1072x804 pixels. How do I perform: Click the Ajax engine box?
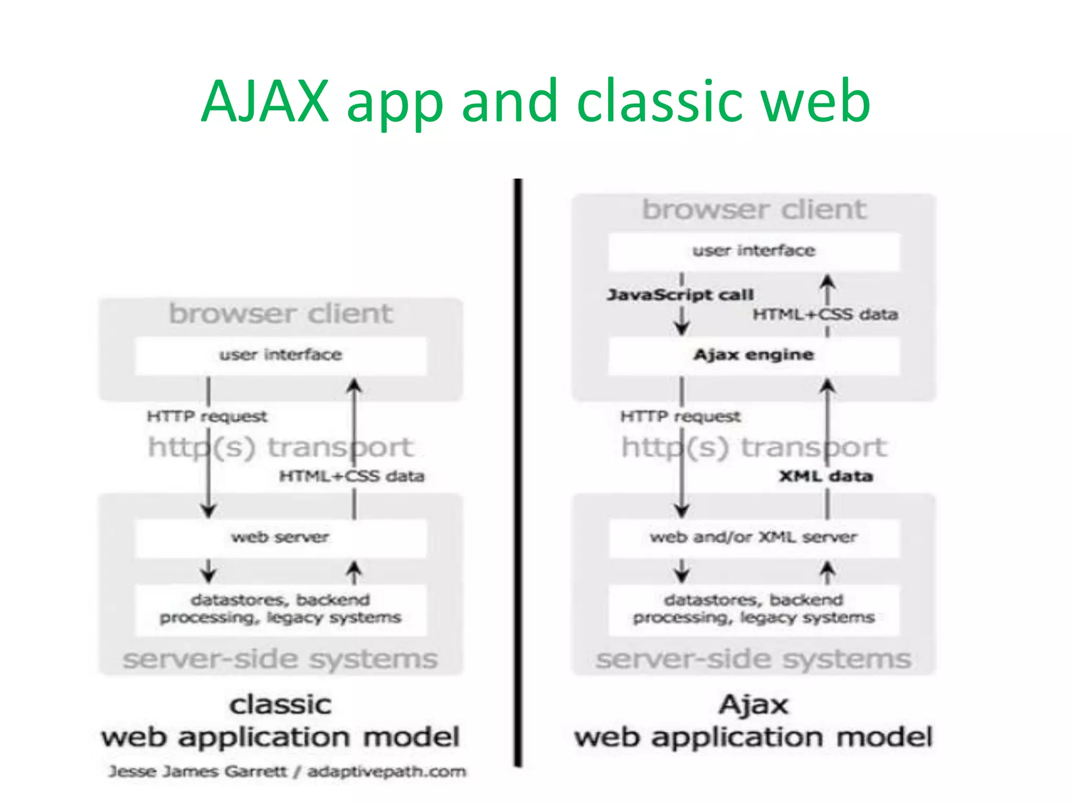(x=754, y=355)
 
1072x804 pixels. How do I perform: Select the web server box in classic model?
(x=281, y=538)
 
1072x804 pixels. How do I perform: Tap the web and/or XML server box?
(x=754, y=538)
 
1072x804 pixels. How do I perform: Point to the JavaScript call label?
(x=680, y=295)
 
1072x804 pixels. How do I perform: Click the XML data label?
(x=825, y=476)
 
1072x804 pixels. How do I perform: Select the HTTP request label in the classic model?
(x=207, y=417)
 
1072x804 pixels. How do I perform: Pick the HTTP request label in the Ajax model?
(x=680, y=417)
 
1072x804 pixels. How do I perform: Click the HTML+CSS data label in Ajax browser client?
(x=825, y=315)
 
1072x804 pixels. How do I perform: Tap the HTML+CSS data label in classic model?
(x=352, y=476)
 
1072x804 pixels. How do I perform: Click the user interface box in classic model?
(x=281, y=355)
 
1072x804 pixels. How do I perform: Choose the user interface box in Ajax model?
(x=754, y=251)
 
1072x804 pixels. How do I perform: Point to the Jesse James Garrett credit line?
(x=287, y=772)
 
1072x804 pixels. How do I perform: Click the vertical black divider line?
(x=518, y=471)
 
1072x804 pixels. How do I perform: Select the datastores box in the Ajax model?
(x=754, y=609)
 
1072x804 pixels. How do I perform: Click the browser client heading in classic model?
(x=281, y=314)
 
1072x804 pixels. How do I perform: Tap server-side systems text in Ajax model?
(x=754, y=659)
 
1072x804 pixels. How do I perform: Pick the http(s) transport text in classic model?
(x=281, y=448)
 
